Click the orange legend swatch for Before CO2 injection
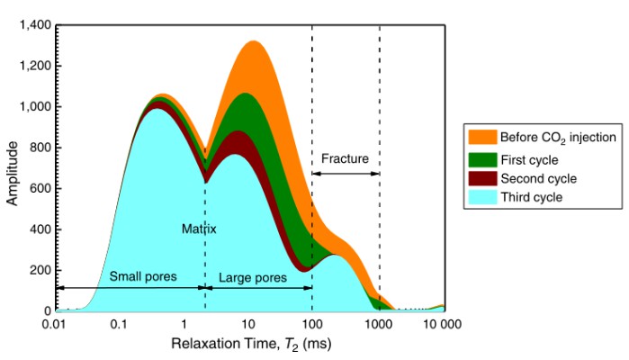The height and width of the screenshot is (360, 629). pyautogui.click(x=482, y=137)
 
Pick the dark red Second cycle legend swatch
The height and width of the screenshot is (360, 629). pyautogui.click(x=482, y=178)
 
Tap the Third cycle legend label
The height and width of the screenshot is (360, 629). pyautogui.click(x=532, y=197)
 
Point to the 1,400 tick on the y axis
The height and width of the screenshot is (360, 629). pyautogui.click(x=35, y=24)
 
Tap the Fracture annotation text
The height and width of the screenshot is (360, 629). pyautogui.click(x=346, y=159)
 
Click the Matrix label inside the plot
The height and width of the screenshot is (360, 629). pyautogui.click(x=200, y=229)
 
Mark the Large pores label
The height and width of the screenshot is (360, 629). pyautogui.click(x=253, y=277)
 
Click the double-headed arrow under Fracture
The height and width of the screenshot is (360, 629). pyautogui.click(x=346, y=173)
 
